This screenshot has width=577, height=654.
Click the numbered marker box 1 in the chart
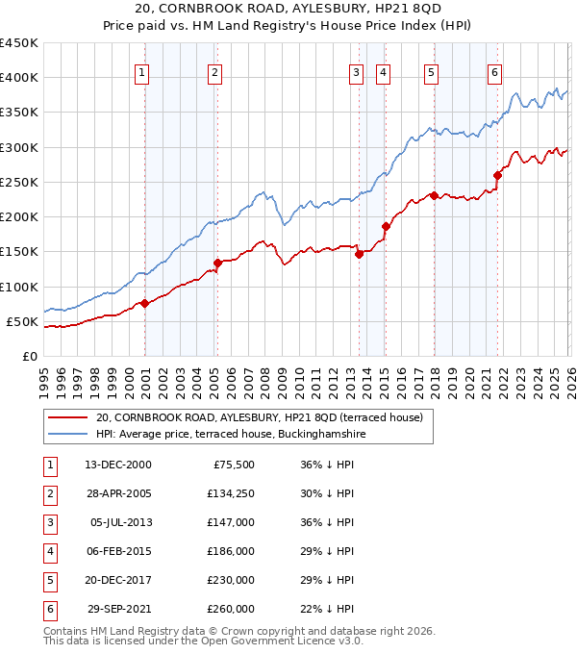click(x=142, y=72)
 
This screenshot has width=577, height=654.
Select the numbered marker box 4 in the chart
click(x=383, y=72)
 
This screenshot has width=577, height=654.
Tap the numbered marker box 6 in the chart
click(x=494, y=72)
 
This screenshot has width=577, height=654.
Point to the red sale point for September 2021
click(x=497, y=175)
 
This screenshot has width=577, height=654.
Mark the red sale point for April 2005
click(x=217, y=263)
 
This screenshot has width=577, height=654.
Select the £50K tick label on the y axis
click(x=23, y=321)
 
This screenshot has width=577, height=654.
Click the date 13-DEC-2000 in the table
click(x=118, y=465)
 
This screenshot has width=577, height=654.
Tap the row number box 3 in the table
click(x=49, y=522)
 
